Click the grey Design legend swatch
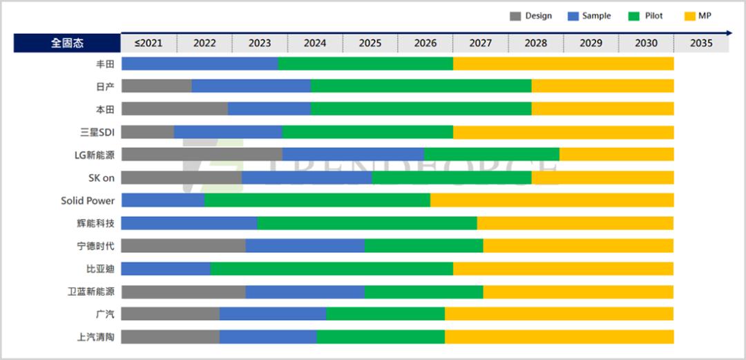point(515,16)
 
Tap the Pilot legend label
point(653,16)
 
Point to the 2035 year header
point(700,43)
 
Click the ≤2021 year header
point(149,43)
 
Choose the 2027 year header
point(480,43)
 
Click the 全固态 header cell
point(67,43)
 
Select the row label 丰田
point(105,64)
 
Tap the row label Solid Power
point(88,200)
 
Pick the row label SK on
point(101,178)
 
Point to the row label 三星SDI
point(97,132)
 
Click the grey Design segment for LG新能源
point(202,155)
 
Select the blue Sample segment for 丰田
point(200,64)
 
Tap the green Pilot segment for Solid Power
point(317,200)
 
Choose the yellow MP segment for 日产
point(602,86)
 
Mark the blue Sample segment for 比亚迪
point(166,269)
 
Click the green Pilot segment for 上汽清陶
point(381,337)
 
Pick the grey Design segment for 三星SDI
point(147,132)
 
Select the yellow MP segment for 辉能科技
point(575,223)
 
